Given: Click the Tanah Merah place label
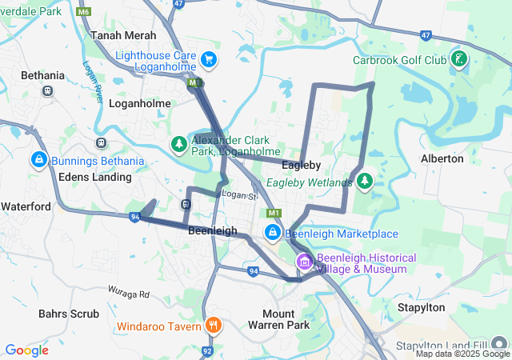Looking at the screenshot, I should (123, 35).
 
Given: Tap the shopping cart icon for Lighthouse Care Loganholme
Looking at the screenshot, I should (209, 59).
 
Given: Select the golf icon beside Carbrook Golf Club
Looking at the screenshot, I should (459, 59).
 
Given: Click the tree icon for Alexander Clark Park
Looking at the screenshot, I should (179, 144).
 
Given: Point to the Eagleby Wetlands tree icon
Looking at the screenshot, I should (365, 181).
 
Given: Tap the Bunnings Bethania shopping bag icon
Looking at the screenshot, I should (38, 161).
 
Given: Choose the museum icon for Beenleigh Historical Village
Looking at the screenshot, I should (304, 262).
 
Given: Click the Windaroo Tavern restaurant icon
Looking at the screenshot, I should (213, 326).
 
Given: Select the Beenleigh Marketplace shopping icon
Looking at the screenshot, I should (273, 233).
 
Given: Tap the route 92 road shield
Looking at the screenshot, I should (207, 350).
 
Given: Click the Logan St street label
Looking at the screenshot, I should (238, 195).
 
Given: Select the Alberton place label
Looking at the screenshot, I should (442, 158).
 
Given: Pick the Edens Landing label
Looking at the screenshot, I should (90, 177).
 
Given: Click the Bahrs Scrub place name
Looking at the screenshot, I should (68, 314).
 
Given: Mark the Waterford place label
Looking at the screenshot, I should (26, 206).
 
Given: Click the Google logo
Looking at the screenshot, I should (26, 350).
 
